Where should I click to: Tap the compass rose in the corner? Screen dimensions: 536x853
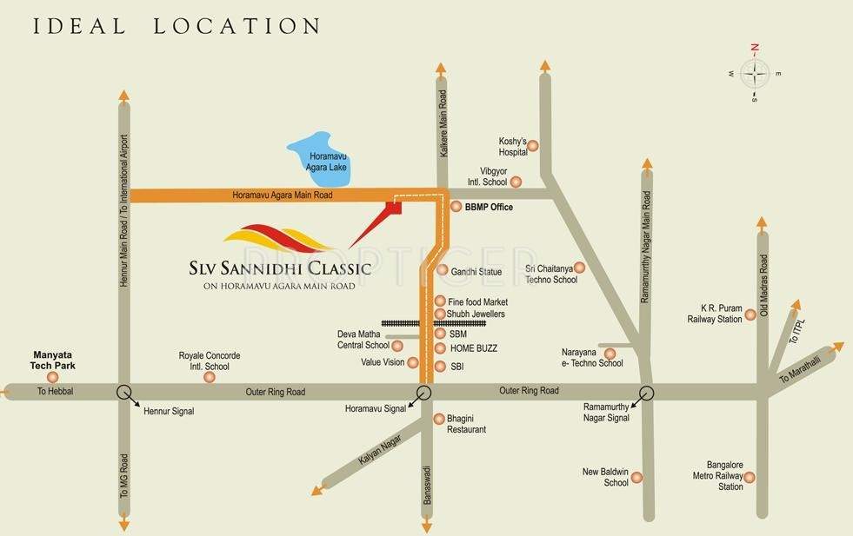(x=755, y=74)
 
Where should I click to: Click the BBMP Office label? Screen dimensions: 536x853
(x=489, y=208)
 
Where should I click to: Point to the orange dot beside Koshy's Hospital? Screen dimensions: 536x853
(x=533, y=146)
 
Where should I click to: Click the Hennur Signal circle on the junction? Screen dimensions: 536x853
(x=124, y=392)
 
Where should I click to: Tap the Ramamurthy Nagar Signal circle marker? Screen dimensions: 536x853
(x=646, y=392)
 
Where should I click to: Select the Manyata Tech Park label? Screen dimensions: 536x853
(x=56, y=360)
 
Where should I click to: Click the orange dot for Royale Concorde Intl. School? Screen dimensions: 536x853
(x=209, y=377)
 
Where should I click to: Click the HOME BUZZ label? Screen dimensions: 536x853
(x=474, y=348)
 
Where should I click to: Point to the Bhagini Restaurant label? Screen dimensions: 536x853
(x=466, y=424)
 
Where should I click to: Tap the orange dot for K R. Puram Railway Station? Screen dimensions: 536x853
(x=750, y=319)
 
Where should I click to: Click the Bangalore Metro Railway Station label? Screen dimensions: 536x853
(x=718, y=476)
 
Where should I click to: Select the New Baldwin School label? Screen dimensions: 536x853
(x=605, y=477)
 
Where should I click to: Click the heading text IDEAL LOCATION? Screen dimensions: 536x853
(x=164, y=26)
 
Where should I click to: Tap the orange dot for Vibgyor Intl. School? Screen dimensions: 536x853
(x=516, y=182)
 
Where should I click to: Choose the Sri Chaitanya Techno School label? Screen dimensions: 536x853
(x=550, y=275)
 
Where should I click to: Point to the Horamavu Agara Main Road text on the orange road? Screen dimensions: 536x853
(x=283, y=195)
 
